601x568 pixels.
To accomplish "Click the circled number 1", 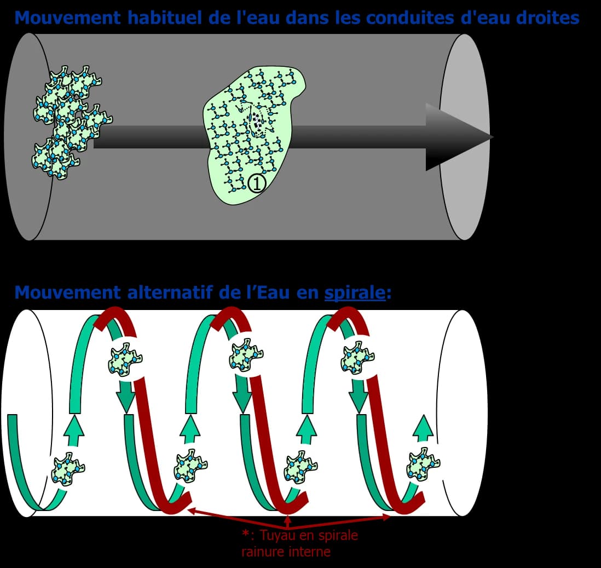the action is click(257, 183).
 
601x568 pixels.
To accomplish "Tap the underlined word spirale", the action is click(355, 292).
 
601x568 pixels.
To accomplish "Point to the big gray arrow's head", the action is click(458, 137).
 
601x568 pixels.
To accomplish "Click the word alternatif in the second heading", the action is click(170, 292).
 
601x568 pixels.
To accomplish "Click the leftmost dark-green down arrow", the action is click(126, 397).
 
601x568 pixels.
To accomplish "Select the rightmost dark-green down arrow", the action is click(359, 397).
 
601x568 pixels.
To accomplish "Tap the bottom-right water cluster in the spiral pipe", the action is click(423, 463).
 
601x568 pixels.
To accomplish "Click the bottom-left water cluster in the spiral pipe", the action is click(68, 469).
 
